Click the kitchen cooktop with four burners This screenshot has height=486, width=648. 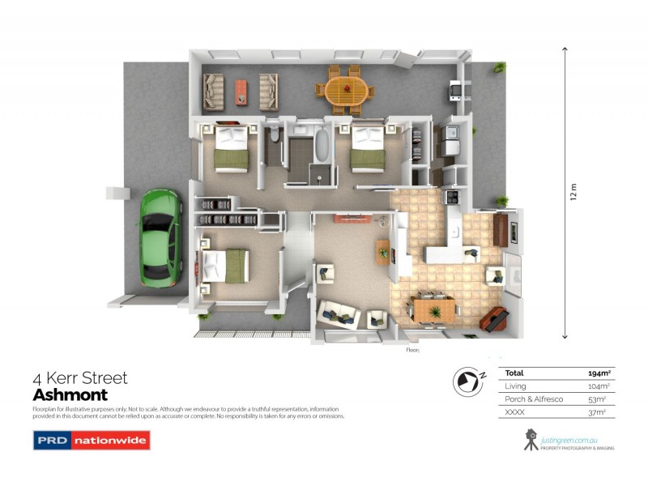pos(450,197)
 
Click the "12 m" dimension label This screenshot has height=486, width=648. pos(573,192)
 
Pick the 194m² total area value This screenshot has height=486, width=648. pos(599,373)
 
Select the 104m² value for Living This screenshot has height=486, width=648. pos(599,386)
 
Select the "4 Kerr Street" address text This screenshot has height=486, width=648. pos(79,378)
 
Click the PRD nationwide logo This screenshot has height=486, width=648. pos(91,441)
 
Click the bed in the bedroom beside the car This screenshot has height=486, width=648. pos(225,264)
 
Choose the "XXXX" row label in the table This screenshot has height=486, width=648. pos(516,412)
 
